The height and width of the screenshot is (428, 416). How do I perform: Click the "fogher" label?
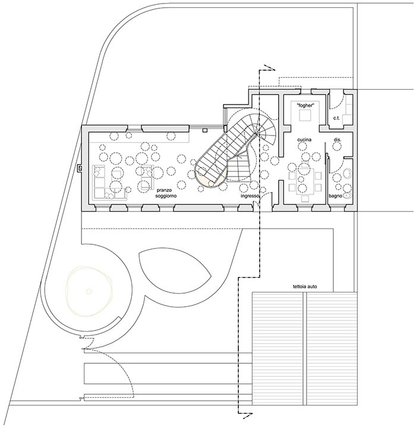point(305,105)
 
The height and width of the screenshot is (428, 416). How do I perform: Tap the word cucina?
point(304,140)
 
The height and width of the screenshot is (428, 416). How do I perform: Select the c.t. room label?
point(336,118)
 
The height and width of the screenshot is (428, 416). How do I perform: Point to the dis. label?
point(338,140)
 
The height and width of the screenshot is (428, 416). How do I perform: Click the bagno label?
point(336,196)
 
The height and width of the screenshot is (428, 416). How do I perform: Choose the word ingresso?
point(250,196)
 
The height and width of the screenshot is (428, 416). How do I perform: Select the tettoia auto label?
point(305,287)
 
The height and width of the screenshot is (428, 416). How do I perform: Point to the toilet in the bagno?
point(348,196)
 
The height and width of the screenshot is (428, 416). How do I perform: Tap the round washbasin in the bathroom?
point(348,174)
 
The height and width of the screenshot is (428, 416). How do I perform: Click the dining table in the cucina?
point(305,181)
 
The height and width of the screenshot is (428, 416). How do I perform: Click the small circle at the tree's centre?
point(89,291)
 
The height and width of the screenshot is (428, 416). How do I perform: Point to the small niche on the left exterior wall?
point(80,168)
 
